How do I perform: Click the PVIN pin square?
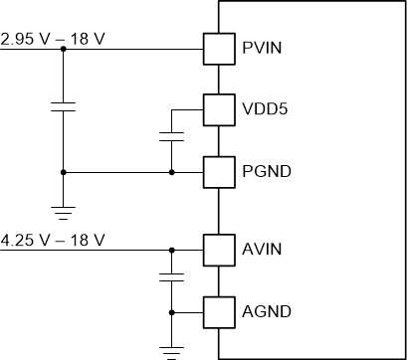pyautogui.click(x=217, y=47)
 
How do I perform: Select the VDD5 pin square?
pyautogui.click(x=217, y=108)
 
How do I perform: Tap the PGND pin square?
pyautogui.click(x=217, y=171)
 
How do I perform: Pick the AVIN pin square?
pyautogui.click(x=217, y=249)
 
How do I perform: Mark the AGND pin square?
pyautogui.click(x=217, y=311)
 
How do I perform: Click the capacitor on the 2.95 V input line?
pyautogui.click(x=63, y=108)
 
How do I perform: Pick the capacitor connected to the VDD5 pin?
pyautogui.click(x=172, y=135)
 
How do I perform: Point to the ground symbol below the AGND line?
pyautogui.click(x=172, y=349)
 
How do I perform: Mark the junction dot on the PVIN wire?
pyautogui.click(x=63, y=47)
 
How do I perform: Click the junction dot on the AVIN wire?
pyautogui.click(x=172, y=249)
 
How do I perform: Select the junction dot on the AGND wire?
pyautogui.click(x=172, y=311)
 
